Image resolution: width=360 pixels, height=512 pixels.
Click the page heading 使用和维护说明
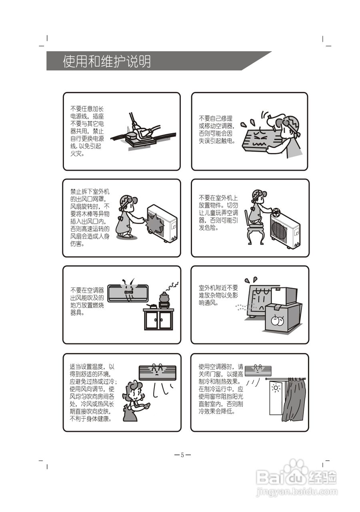pyautogui.click(x=107, y=62)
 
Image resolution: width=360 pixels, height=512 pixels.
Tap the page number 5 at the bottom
pyautogui.click(x=182, y=455)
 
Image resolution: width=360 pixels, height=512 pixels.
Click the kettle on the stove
pyautogui.click(x=164, y=298)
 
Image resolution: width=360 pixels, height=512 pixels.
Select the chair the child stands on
pyautogui.click(x=256, y=233)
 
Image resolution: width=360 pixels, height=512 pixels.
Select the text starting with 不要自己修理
pyautogui.click(x=218, y=130)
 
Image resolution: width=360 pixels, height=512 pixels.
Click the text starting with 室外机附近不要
pyautogui.click(x=218, y=295)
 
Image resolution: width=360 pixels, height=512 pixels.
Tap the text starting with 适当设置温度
pyautogui.click(x=92, y=392)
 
